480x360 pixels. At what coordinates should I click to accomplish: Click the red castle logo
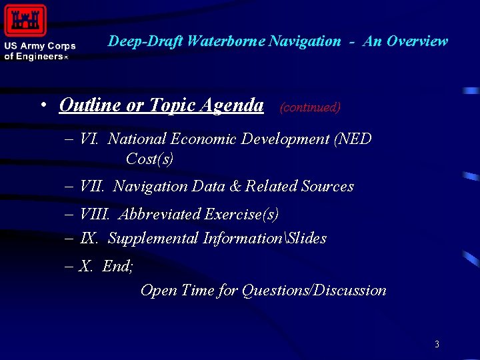coord(25,20)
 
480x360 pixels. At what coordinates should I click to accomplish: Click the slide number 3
coord(437,345)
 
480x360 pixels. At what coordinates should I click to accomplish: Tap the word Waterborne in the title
coord(227,41)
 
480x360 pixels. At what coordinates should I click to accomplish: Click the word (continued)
coord(310,107)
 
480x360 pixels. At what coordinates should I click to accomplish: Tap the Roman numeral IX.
coord(89,238)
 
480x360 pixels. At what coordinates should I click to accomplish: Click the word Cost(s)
coord(149,159)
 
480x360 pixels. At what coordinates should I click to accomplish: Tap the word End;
coord(118,267)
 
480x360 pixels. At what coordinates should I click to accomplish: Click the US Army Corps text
coord(40,47)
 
